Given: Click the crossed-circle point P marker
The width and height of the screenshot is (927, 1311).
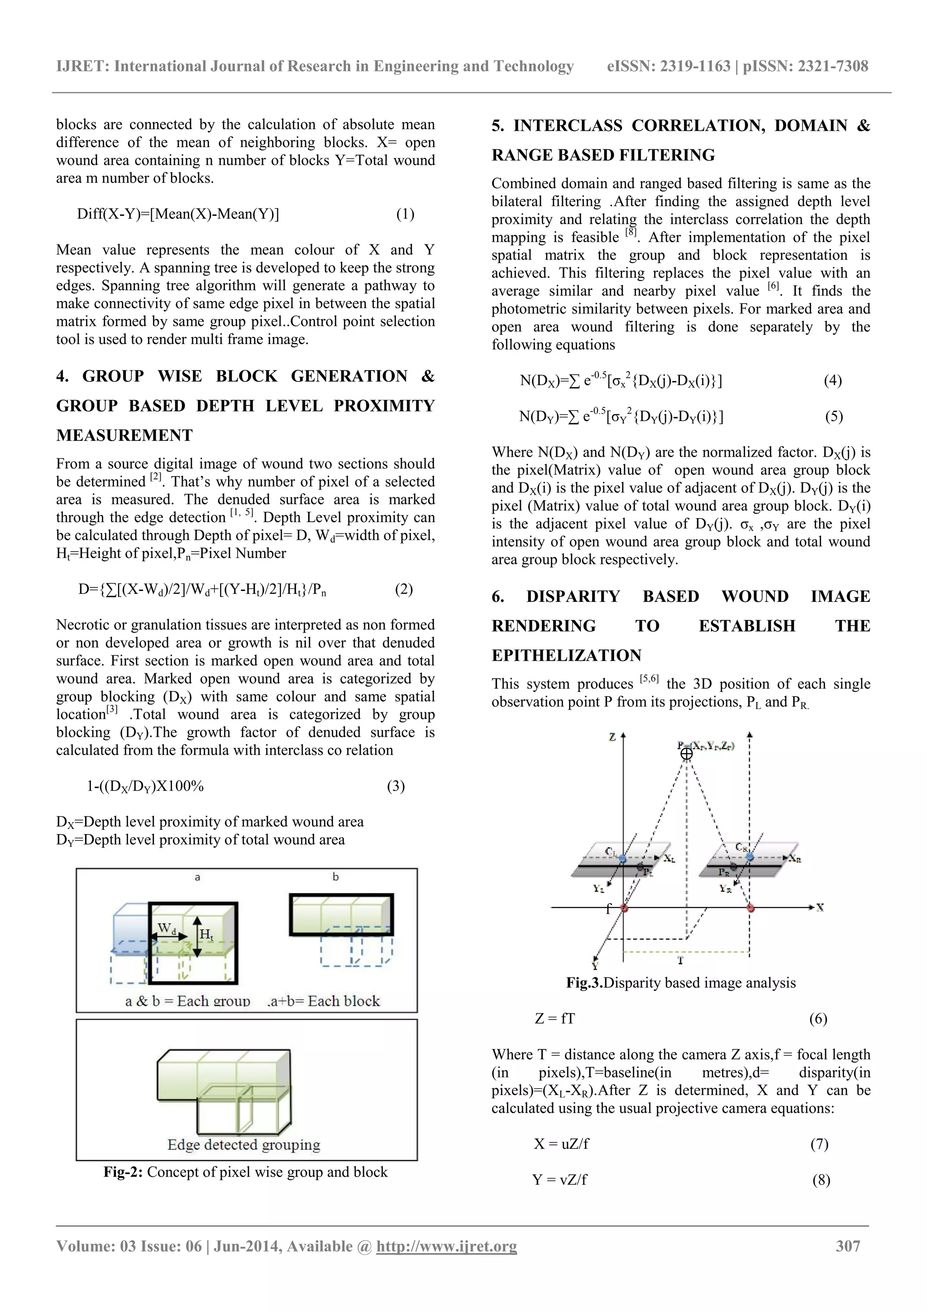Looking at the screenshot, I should point(687,754).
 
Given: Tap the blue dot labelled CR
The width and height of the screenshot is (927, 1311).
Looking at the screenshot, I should point(750,857).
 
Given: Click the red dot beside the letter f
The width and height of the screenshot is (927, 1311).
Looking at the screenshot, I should point(624,907).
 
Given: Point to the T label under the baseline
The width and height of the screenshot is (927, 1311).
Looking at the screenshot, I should point(681,960).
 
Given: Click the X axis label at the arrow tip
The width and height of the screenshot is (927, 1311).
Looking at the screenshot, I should point(820,907).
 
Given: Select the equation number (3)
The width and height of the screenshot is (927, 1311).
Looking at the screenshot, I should point(396,786).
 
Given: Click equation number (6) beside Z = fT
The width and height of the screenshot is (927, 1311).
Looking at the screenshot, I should point(818,1019).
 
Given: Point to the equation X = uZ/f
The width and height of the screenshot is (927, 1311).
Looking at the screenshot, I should point(561,1144).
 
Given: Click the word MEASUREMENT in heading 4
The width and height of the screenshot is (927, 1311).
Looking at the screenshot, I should point(124,436).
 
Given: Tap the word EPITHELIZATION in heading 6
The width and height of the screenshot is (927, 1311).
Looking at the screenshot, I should point(567,655).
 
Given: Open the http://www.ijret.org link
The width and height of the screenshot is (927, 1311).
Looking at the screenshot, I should point(446,1246).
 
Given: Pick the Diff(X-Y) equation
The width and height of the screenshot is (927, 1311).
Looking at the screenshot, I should point(178,214).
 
